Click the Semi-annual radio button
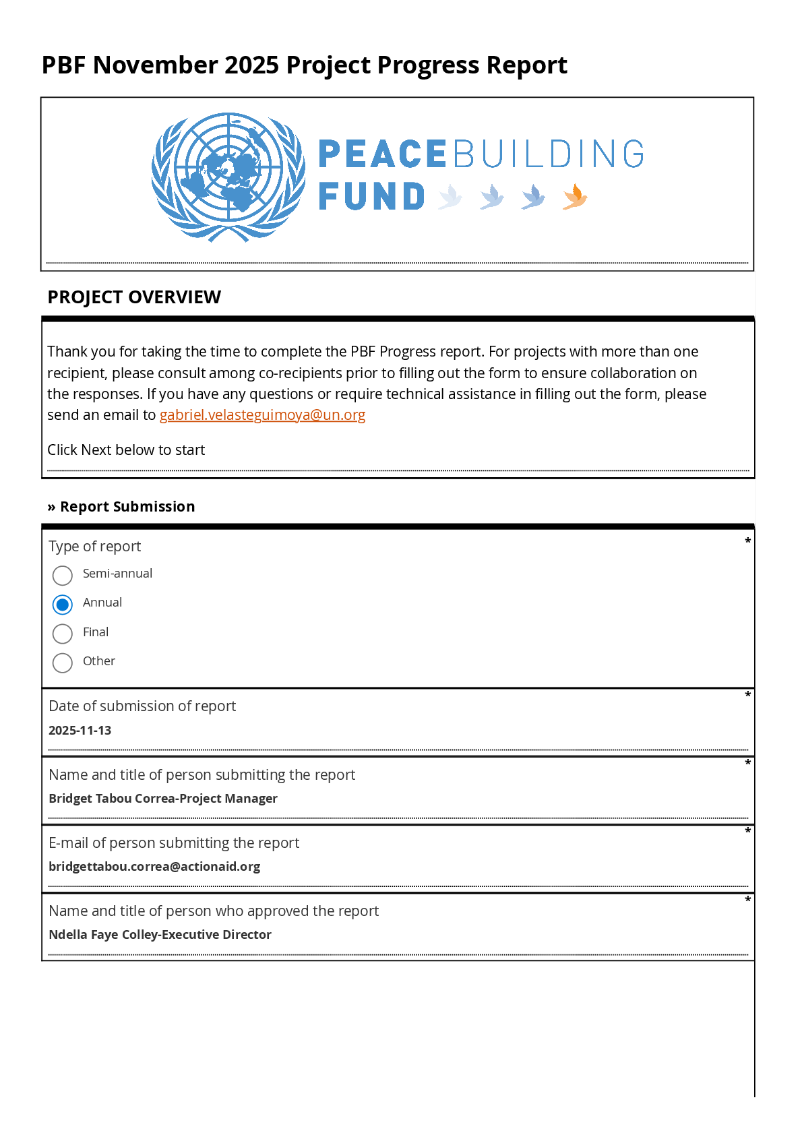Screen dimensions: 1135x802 (63, 576)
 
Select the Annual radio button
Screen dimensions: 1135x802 (63, 605)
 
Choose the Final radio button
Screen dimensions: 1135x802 (63, 634)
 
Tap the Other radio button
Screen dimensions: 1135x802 (63, 663)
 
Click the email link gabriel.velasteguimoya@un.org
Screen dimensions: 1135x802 (262, 415)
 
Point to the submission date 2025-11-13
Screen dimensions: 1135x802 (80, 731)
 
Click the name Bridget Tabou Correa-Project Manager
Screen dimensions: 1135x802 (163, 799)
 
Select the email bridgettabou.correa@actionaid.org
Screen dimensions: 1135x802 (154, 867)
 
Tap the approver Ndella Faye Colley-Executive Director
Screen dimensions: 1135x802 (160, 935)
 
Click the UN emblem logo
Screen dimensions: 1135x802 (228, 177)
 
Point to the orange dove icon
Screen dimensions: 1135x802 (575, 197)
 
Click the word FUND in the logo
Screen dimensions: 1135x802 (371, 197)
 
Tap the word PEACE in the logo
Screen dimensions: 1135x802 (382, 154)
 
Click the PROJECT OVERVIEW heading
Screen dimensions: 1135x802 (134, 297)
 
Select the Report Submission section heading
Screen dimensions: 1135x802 (127, 507)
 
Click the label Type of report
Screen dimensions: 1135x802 (95, 547)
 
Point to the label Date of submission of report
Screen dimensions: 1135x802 (142, 706)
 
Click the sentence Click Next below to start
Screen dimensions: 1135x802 (126, 450)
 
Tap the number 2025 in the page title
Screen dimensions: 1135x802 (251, 65)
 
